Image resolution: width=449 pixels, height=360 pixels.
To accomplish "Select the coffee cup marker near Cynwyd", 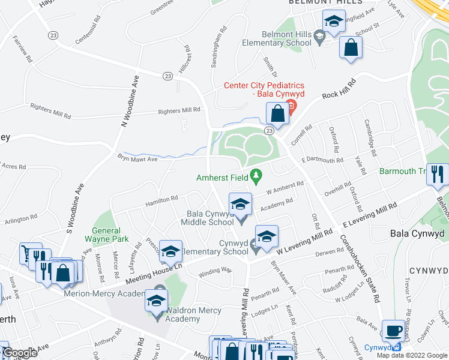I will click(x=393, y=331).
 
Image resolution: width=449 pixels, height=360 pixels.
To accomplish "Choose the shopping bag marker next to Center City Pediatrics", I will click(x=277, y=113).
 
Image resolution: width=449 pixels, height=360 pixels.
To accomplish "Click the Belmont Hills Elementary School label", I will click(x=277, y=39).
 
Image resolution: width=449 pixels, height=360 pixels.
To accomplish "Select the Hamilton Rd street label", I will click(x=161, y=199).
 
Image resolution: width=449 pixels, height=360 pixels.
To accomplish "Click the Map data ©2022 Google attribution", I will click(x=412, y=355).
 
